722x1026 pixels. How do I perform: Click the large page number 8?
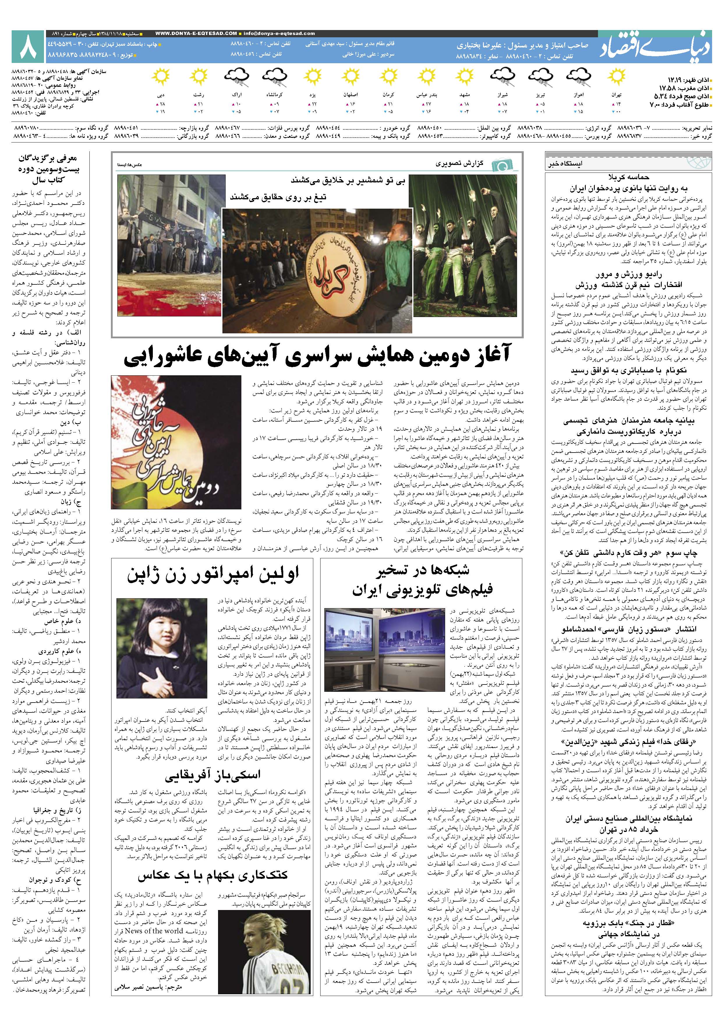(x=28, y=47)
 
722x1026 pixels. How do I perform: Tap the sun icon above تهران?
(x=616, y=76)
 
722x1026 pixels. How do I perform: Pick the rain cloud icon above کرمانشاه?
(x=274, y=76)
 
